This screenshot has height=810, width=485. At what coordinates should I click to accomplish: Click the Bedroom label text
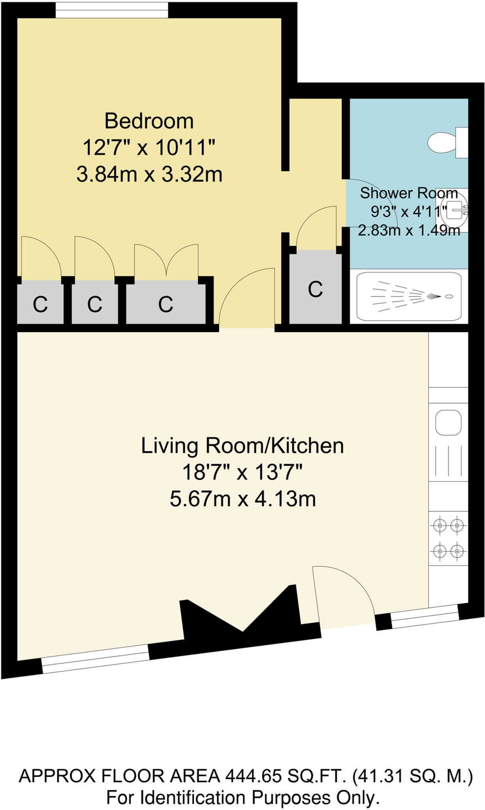(149, 121)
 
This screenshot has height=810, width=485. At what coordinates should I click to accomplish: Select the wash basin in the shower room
(454, 210)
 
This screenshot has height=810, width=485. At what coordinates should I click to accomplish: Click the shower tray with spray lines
(408, 297)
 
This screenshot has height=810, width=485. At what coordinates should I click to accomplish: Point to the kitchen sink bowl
(448, 422)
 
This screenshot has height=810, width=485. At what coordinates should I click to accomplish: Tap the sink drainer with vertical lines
(448, 460)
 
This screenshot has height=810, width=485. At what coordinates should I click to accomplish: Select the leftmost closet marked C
(40, 304)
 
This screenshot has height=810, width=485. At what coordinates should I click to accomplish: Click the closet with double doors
(165, 304)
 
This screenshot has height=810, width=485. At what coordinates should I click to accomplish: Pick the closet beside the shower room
(315, 289)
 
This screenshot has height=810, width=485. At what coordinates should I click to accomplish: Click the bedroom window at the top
(112, 10)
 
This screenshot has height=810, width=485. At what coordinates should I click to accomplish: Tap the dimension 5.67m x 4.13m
(242, 499)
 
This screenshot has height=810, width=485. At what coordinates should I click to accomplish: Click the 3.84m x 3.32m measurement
(149, 174)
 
